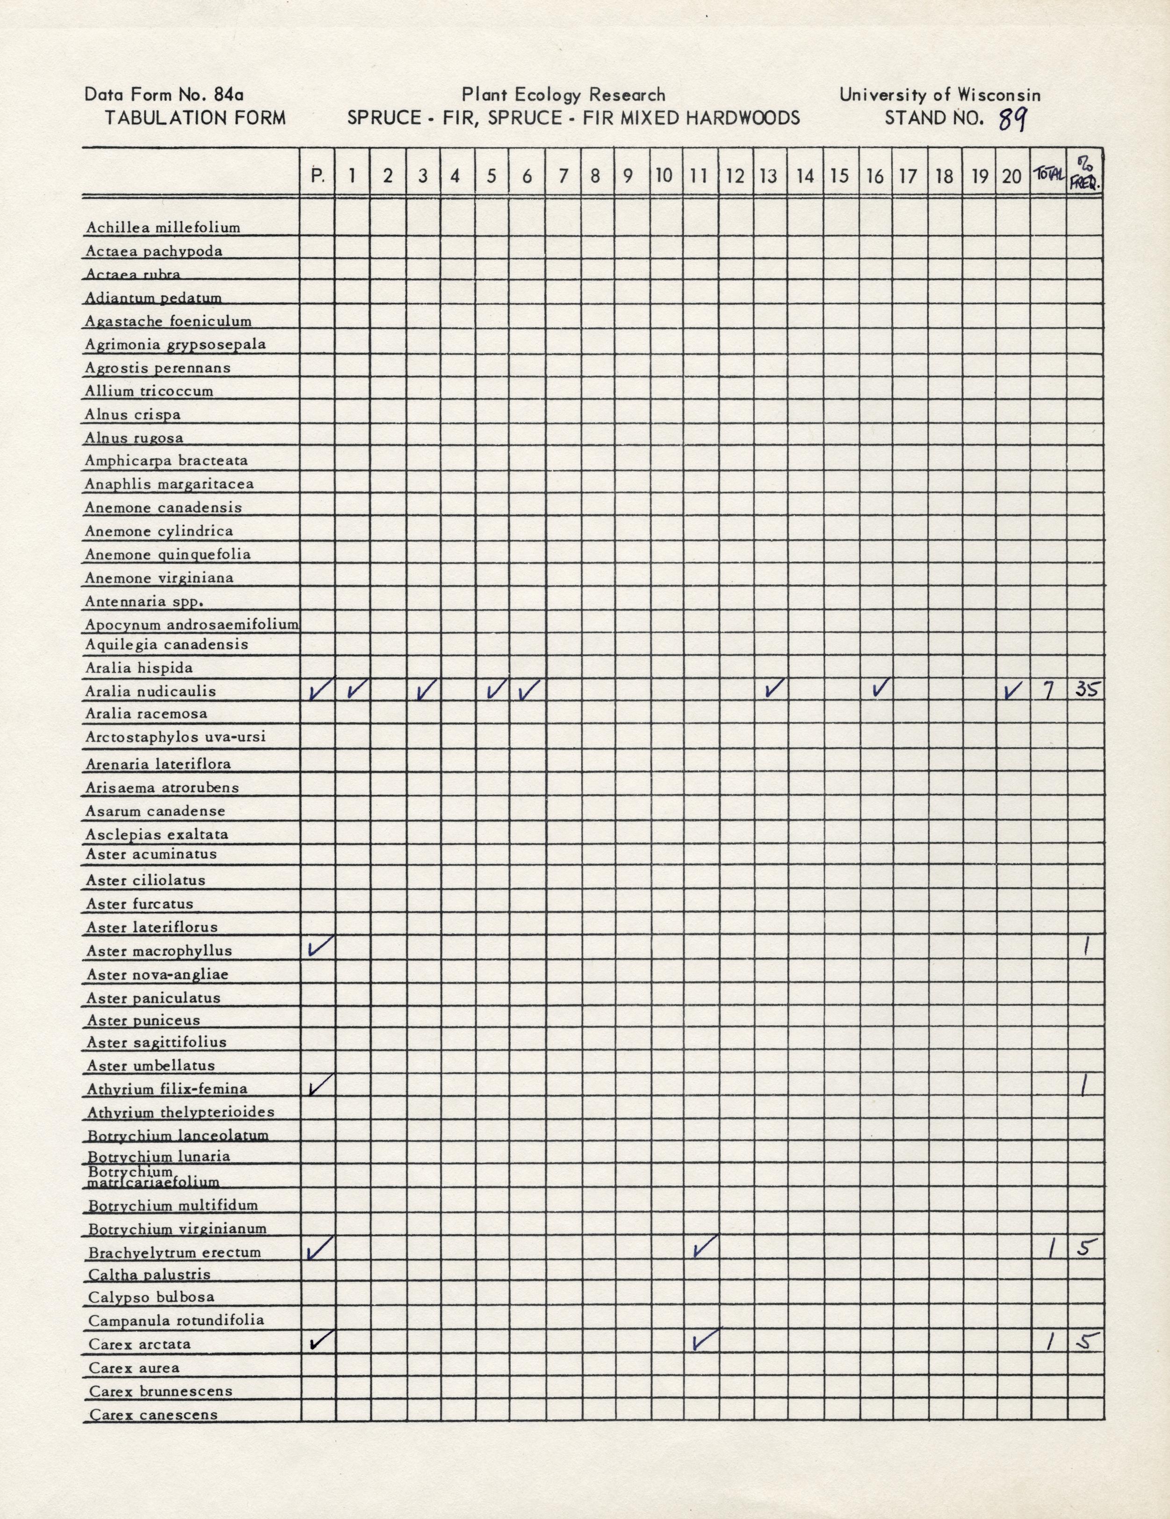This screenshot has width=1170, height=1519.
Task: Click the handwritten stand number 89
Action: click(x=1012, y=120)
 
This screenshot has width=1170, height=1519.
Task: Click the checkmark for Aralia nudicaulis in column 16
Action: click(x=880, y=688)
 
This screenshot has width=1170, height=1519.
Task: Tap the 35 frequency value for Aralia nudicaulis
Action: click(x=1086, y=690)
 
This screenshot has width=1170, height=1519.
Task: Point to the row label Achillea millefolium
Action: click(x=162, y=227)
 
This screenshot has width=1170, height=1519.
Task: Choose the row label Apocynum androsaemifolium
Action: click(x=192, y=624)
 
